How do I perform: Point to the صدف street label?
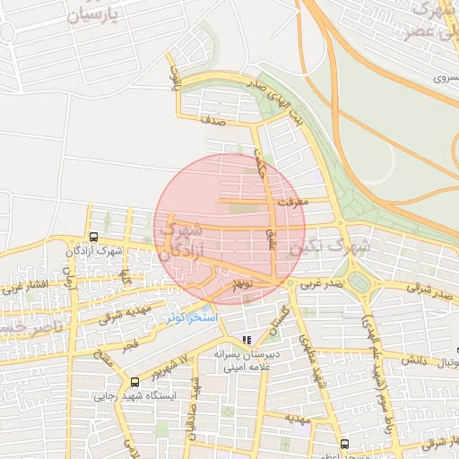pyautogui.click(x=213, y=117)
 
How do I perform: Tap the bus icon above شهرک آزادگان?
pyautogui.click(x=93, y=238)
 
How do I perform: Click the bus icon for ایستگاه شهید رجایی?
pyautogui.click(x=134, y=381)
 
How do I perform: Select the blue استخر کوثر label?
pyautogui.click(x=190, y=318)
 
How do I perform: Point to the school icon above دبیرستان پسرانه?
pyautogui.click(x=247, y=340)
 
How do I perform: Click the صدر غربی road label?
pyautogui.click(x=320, y=283)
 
